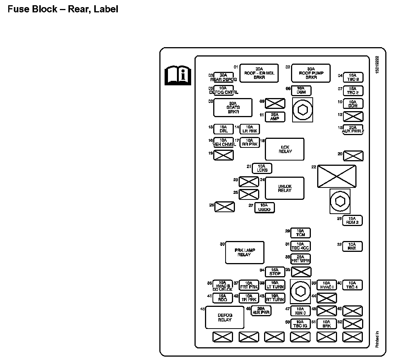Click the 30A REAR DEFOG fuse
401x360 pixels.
click(x=223, y=77)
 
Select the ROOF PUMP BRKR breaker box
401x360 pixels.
click(x=311, y=73)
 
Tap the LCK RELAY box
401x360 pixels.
click(x=285, y=149)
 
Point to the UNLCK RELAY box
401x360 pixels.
click(x=285, y=188)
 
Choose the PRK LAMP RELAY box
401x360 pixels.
click(x=245, y=253)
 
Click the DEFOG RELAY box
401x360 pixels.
click(x=225, y=318)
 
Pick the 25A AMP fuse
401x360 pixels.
click(x=275, y=117)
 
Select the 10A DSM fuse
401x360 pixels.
click(x=301, y=90)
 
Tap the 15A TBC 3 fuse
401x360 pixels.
click(x=353, y=77)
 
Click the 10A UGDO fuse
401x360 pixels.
click(x=264, y=207)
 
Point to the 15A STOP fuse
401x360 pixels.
click(x=275, y=272)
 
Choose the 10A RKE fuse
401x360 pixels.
click(x=352, y=246)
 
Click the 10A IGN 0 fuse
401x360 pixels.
click(x=300, y=311)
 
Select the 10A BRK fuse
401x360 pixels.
click(x=327, y=324)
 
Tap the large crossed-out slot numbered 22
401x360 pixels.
click(x=337, y=176)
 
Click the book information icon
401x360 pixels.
click(x=178, y=75)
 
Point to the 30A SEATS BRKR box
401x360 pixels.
click(x=233, y=108)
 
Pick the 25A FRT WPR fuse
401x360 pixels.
click(x=300, y=259)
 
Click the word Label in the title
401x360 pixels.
click(x=106, y=9)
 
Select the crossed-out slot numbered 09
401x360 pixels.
click(x=275, y=103)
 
